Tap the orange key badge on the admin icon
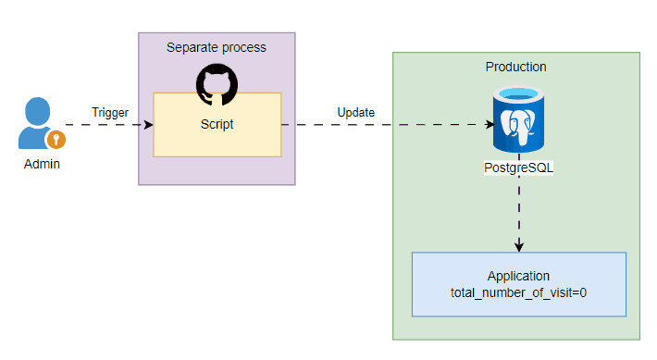coord(56,140)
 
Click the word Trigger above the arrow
coord(109,113)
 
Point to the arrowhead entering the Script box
coord(148,124)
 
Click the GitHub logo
coord(217,84)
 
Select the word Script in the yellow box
coord(217,124)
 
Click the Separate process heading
coord(217,47)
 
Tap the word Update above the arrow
coord(355,113)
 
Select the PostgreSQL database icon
coord(518,120)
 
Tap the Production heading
coord(515,68)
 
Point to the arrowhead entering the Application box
coord(519,247)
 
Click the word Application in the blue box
coord(518,277)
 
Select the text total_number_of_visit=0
coord(518,292)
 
